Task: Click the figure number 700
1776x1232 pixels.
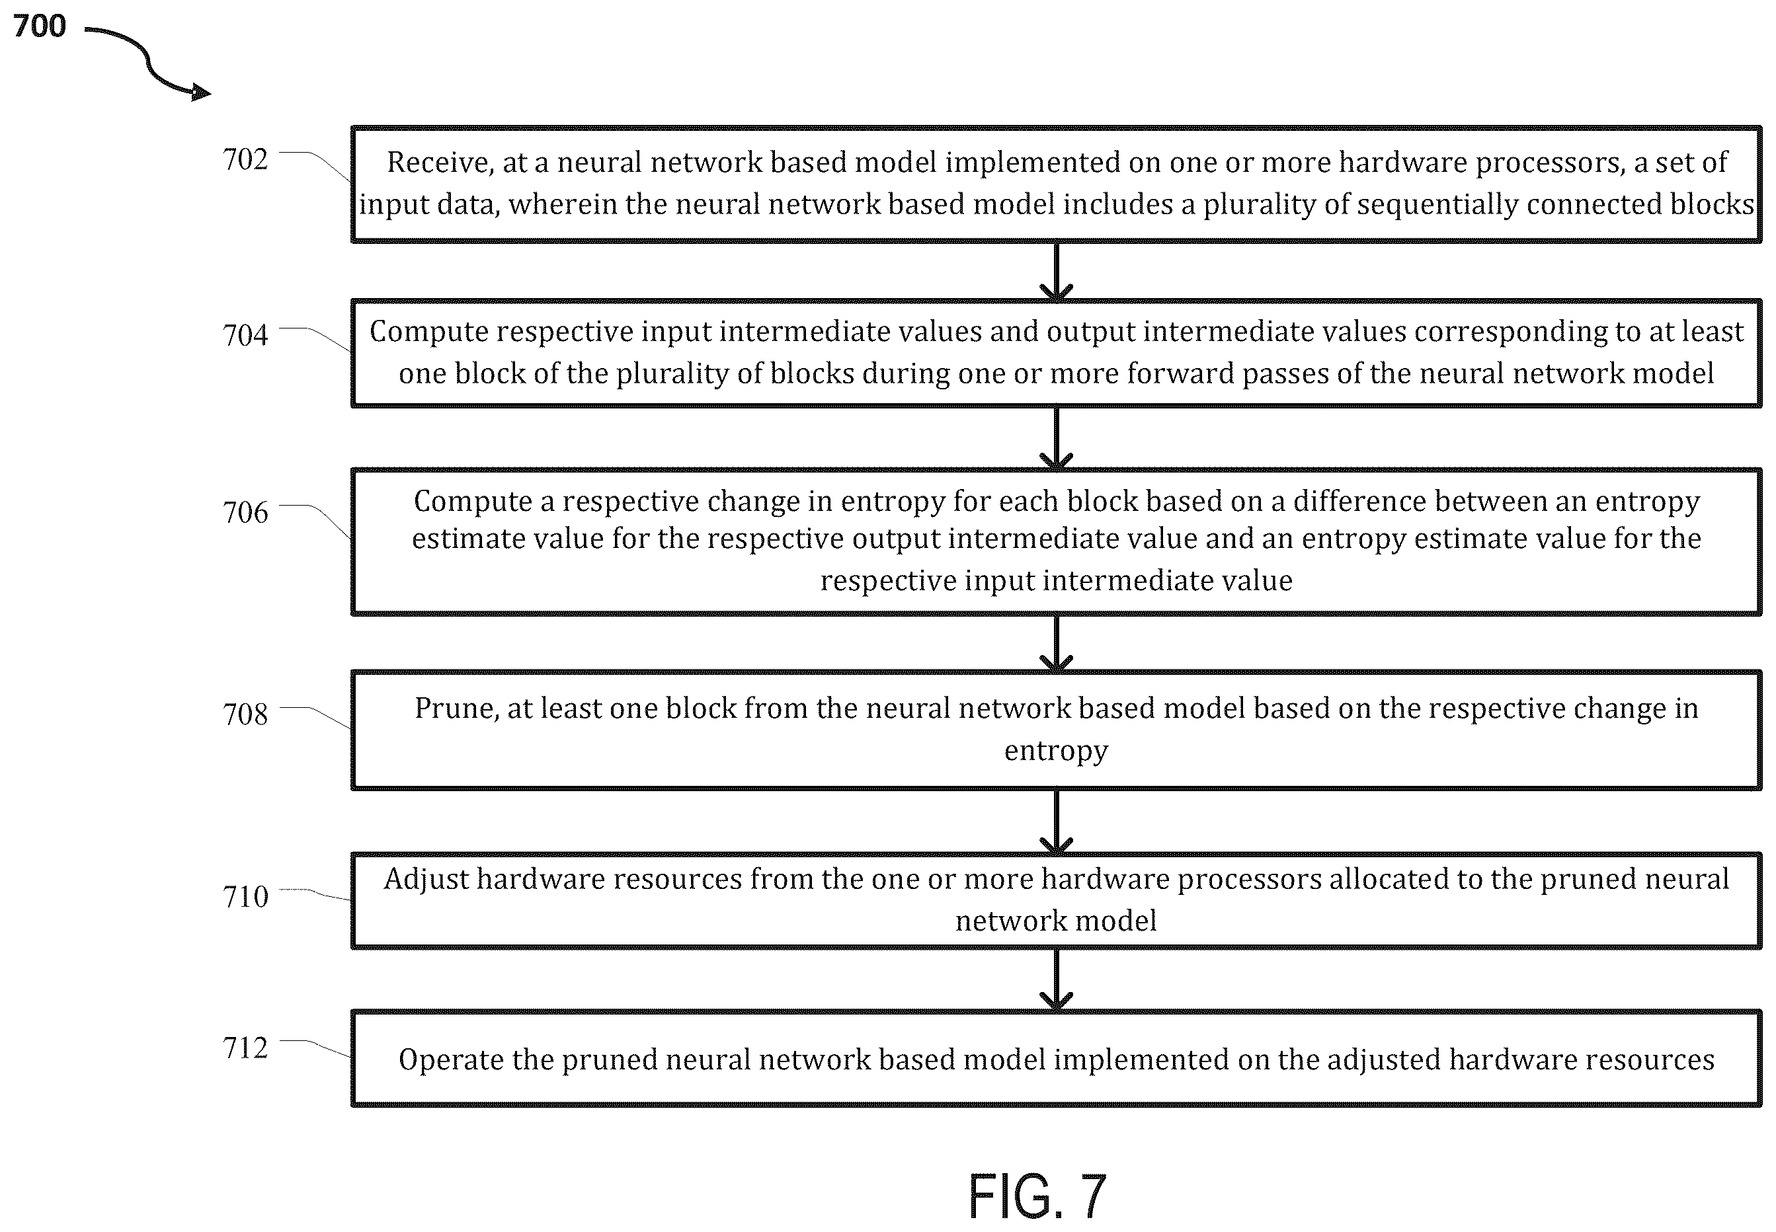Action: coord(40,26)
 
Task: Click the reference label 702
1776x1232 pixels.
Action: coord(245,160)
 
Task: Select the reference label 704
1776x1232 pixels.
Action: coord(245,335)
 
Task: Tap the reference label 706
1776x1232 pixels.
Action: coord(245,512)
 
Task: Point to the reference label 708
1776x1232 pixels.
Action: coord(245,714)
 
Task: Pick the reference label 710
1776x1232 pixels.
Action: coord(245,897)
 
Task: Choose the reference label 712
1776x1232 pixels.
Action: coord(245,1048)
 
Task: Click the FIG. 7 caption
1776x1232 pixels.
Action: coord(1037,1196)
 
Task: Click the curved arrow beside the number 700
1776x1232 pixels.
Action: coord(149,66)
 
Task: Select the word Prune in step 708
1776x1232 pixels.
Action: coord(455,709)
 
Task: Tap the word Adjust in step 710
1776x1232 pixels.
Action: coord(426,880)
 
